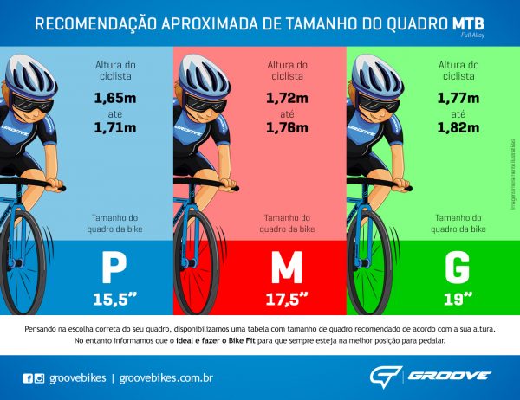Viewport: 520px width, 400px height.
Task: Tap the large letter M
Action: (286, 268)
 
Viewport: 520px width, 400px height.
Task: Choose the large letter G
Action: (458, 268)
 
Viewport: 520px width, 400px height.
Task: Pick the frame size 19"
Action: (458, 300)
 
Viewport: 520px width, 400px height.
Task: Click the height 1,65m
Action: (115, 99)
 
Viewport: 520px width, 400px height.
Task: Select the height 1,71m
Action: (115, 129)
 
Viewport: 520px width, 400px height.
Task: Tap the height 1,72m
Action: (287, 99)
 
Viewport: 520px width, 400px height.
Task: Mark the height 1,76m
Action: (287, 129)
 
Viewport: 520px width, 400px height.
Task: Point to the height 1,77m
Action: (458, 99)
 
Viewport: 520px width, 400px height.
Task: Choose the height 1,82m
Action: (458, 129)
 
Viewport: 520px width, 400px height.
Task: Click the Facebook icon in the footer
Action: (27, 377)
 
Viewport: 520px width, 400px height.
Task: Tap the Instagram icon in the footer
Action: (39, 377)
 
